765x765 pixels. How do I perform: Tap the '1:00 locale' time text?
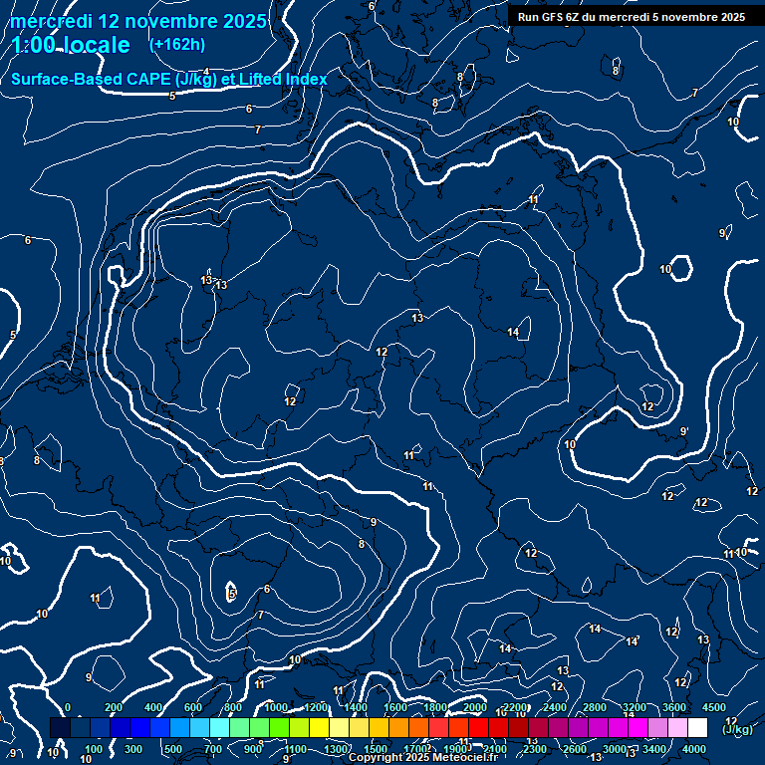(71, 46)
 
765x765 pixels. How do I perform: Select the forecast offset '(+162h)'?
(176, 45)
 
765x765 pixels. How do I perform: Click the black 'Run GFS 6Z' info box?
(631, 17)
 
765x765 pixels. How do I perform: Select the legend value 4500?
(714, 707)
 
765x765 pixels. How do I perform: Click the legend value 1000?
(276, 707)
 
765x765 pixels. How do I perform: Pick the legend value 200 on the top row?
(113, 707)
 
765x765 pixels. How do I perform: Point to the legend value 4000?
(694, 749)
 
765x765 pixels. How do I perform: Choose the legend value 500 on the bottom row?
(173, 749)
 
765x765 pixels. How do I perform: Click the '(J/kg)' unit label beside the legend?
(737, 729)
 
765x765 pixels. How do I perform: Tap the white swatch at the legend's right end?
(697, 728)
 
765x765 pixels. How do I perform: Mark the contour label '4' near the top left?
(206, 71)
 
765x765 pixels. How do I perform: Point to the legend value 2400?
(555, 707)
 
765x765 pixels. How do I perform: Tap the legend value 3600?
(674, 707)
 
